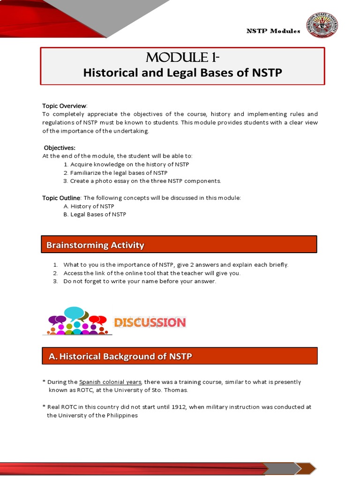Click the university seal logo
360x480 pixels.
(322, 26)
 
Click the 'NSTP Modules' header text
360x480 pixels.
(273, 31)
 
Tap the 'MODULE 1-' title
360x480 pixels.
(183, 58)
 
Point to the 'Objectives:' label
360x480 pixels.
(60, 148)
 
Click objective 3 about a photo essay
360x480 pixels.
(142, 181)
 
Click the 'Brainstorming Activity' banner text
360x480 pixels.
(95, 245)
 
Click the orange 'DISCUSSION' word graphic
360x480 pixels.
(150, 322)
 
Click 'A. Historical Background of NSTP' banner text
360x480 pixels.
(120, 357)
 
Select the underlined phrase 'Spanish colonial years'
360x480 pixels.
(110, 382)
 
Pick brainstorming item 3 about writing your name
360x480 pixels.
(140, 281)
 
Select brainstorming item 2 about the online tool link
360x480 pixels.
(151, 273)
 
